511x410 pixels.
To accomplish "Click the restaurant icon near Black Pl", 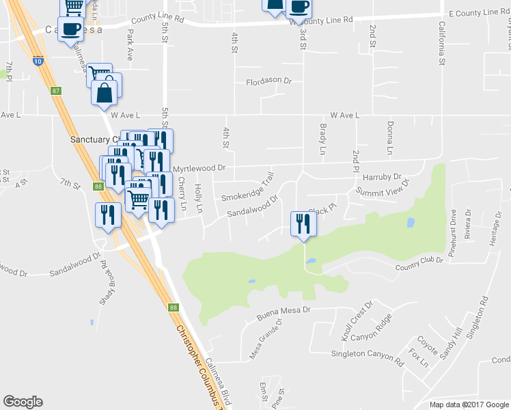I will (x=302, y=223).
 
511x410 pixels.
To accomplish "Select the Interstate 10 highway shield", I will (x=38, y=61).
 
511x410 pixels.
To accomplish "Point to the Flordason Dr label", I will (x=268, y=81).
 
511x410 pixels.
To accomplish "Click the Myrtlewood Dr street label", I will (x=198, y=167).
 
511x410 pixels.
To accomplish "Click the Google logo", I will (x=23, y=402).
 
